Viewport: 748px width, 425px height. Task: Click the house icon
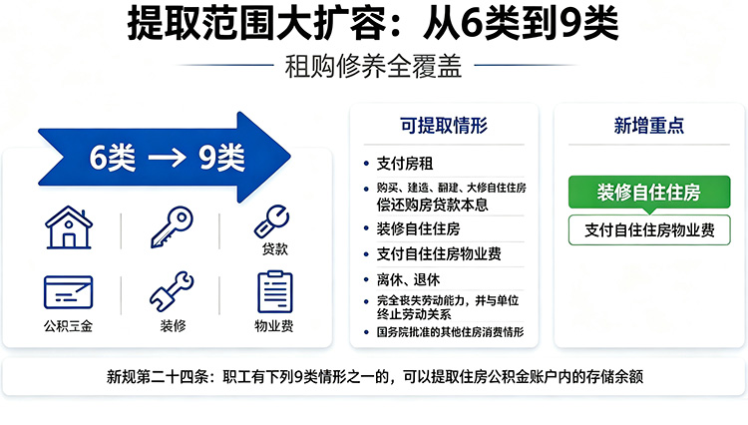[69, 227]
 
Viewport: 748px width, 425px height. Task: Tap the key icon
[172, 227]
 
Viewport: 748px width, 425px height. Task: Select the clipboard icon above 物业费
[275, 292]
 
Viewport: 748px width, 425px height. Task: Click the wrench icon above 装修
[172, 292]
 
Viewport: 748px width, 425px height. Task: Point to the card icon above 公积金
[68, 292]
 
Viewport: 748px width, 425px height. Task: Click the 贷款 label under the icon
[275, 249]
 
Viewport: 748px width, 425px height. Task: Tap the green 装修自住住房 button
[649, 193]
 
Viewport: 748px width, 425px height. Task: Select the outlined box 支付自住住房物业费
[649, 230]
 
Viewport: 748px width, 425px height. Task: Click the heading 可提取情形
[444, 126]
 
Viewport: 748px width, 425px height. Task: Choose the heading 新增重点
[649, 126]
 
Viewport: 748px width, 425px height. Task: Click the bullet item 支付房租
[405, 164]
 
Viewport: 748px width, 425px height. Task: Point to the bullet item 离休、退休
[408, 279]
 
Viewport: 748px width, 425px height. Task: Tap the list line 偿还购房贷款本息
[432, 205]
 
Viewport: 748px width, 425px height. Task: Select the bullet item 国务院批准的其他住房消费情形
[450, 332]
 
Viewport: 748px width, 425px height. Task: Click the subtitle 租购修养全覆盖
[374, 66]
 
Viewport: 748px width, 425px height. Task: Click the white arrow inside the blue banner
[167, 158]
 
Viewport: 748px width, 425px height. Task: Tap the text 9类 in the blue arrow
[221, 158]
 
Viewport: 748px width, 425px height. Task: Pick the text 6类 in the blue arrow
[113, 158]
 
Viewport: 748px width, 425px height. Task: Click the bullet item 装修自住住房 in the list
[418, 228]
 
